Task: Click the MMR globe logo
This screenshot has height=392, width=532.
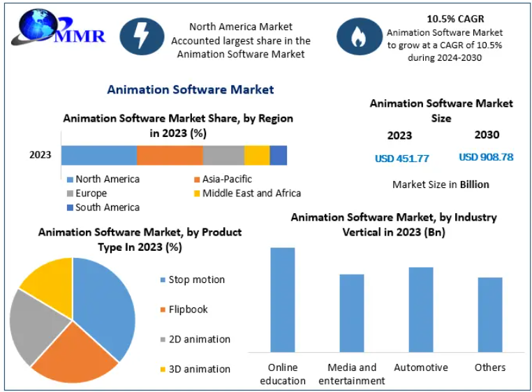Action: [58, 28]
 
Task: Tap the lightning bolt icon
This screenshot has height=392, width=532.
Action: [142, 36]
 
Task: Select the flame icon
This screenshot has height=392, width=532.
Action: [360, 36]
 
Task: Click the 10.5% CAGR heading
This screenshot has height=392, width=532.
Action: [455, 19]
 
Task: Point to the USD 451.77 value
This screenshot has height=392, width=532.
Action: [401, 159]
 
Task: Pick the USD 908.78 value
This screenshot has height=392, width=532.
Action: [486, 157]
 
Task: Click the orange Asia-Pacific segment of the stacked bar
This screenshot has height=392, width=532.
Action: [170, 155]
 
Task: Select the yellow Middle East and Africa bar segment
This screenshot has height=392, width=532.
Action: [257, 155]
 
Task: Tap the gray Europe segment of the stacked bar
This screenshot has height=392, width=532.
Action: [223, 155]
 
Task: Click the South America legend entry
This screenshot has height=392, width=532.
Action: [103, 208]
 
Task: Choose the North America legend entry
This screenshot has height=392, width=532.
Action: [103, 179]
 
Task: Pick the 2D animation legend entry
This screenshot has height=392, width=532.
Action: [195, 340]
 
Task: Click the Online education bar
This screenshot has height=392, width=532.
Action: [283, 300]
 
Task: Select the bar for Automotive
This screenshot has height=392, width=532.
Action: [421, 310]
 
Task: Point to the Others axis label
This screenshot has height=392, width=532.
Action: [490, 368]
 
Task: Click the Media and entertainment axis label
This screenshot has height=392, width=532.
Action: [352, 374]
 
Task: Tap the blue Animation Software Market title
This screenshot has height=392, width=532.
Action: [191, 89]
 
